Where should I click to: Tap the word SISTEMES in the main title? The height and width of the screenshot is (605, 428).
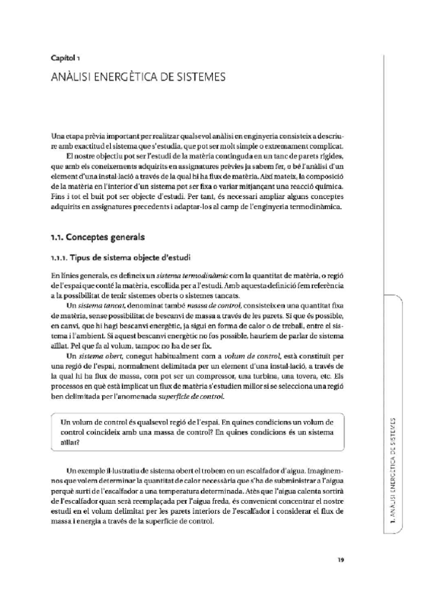(197, 74)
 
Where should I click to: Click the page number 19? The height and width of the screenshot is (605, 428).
(341, 559)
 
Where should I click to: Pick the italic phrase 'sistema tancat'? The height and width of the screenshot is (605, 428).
(101, 305)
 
